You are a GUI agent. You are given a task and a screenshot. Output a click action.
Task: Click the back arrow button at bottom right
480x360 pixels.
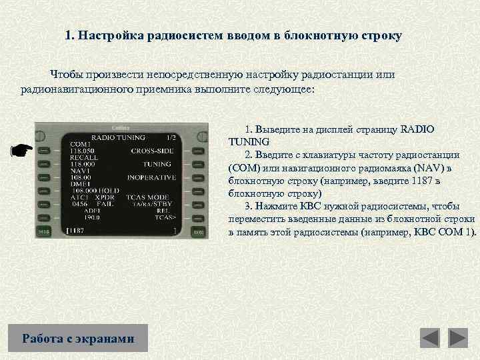coord(430,338)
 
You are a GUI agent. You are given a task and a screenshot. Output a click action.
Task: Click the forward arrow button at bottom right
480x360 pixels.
coord(458,338)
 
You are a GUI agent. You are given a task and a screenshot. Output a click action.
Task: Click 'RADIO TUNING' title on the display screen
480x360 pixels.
coord(117,137)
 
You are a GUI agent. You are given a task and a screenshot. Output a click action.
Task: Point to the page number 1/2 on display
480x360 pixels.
coord(171,137)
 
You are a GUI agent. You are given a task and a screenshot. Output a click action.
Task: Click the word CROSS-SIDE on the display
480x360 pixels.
coord(153,151)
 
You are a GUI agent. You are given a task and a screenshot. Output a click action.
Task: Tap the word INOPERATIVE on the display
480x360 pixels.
coord(151,178)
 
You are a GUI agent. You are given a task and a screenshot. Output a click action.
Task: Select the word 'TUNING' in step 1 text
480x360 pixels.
coord(249,142)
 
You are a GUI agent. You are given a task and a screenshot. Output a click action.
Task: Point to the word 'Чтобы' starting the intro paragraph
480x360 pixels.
coord(67,75)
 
